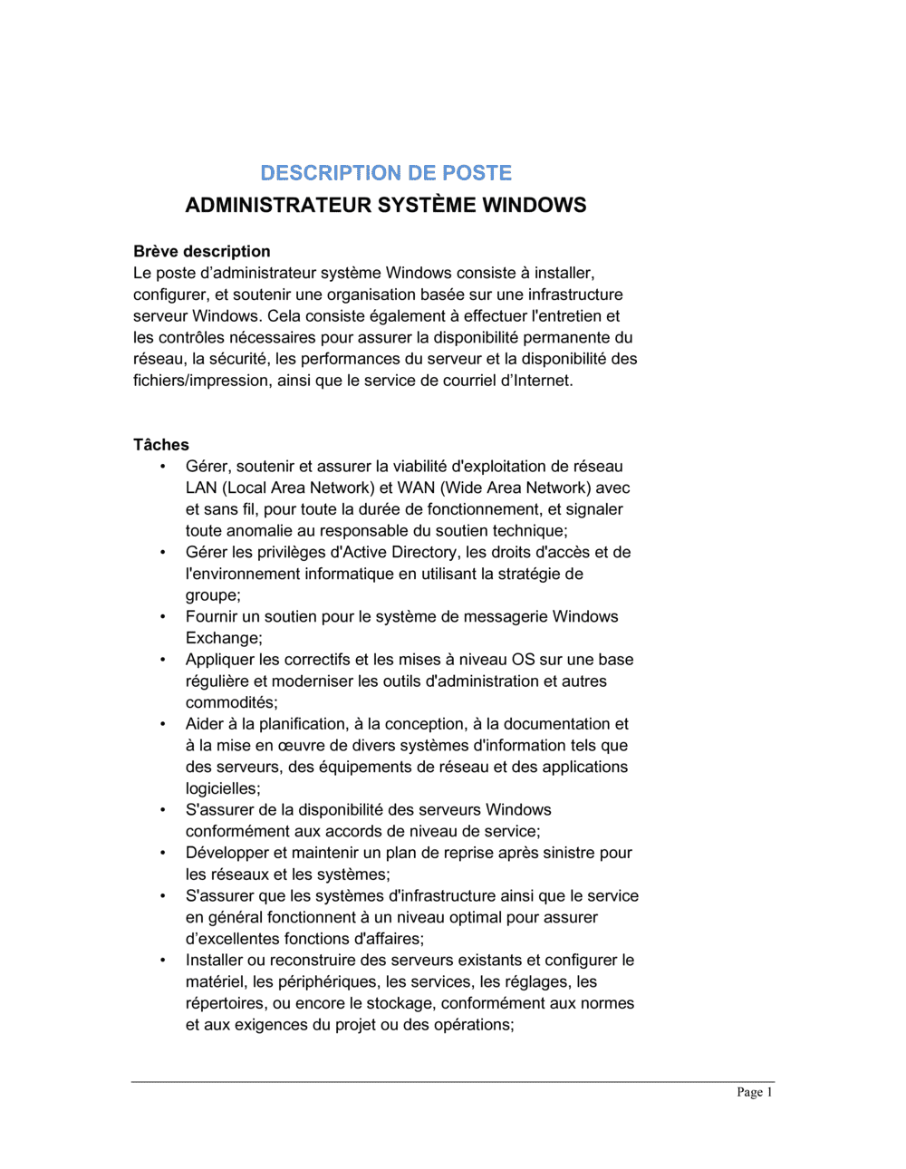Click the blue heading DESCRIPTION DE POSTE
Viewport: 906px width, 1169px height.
point(386,172)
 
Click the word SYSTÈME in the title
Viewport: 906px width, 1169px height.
point(426,205)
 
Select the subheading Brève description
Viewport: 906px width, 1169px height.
point(201,251)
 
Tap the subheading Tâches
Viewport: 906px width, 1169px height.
point(161,444)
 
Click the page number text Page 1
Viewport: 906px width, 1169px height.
point(755,1092)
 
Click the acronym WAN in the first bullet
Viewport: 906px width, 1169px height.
point(416,488)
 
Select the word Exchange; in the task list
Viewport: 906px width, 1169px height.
point(224,638)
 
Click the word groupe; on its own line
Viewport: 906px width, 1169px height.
point(213,595)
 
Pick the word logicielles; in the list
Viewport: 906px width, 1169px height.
point(223,788)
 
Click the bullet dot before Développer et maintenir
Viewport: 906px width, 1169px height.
point(163,853)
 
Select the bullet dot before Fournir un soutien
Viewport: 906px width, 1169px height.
point(163,616)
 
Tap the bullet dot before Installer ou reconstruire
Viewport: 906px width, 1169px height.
point(163,960)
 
